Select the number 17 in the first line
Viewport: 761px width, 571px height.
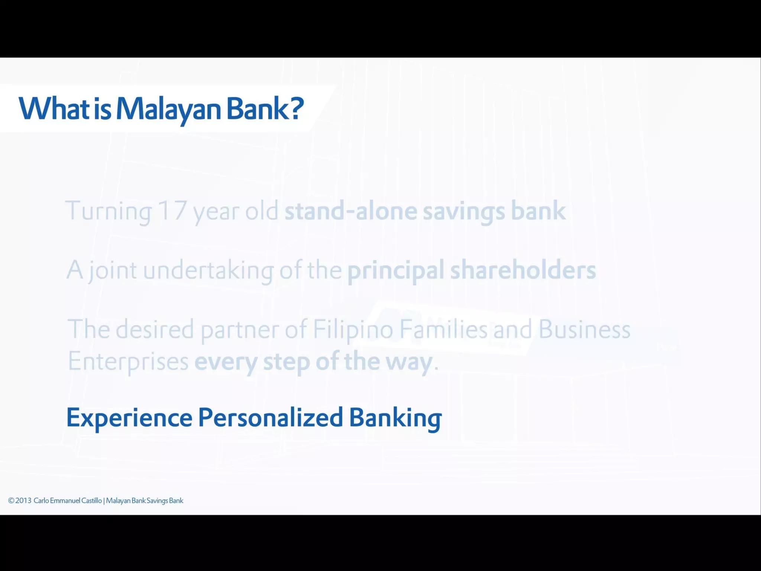point(172,210)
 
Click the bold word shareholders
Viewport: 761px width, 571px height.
point(523,270)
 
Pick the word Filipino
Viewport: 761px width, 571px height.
point(353,330)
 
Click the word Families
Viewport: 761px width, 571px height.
point(443,329)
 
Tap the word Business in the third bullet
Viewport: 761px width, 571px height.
point(584,329)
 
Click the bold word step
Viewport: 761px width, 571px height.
point(286,362)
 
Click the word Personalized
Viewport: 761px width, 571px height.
point(270,417)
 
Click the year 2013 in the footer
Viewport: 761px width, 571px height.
point(23,500)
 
